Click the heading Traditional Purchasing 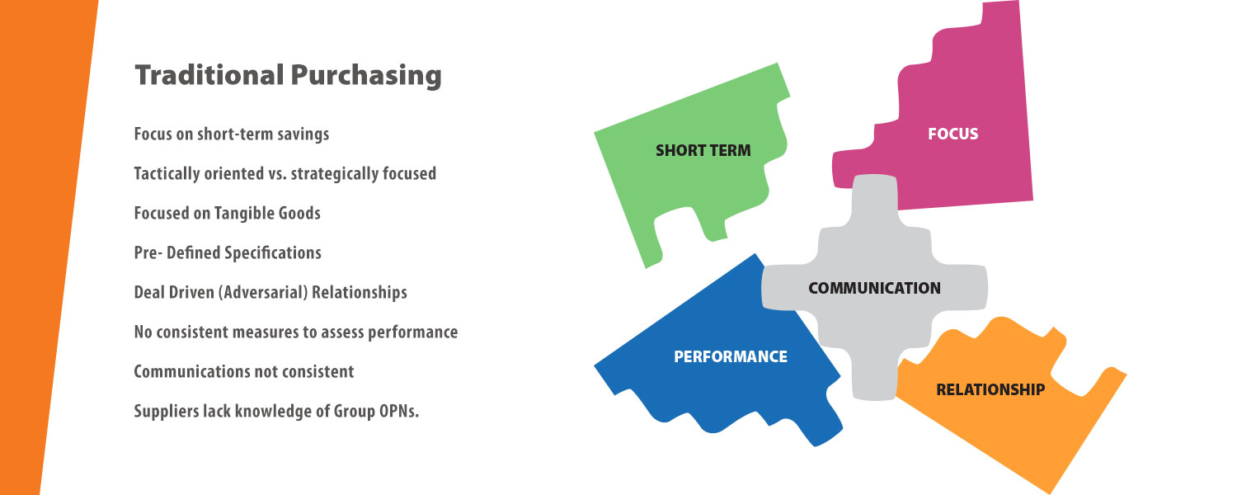tap(289, 76)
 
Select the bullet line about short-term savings tap(232, 134)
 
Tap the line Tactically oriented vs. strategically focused tap(285, 174)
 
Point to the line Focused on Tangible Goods tap(227, 213)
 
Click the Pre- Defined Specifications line tap(228, 253)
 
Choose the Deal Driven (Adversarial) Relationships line tap(270, 292)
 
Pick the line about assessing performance tap(296, 332)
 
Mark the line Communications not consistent tap(243, 371)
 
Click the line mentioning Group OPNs tap(276, 411)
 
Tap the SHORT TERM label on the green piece tap(703, 150)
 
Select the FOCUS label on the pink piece tap(952, 134)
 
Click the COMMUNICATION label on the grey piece tap(874, 288)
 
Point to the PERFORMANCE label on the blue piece tap(731, 356)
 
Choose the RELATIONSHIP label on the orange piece tap(990, 389)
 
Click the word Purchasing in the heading tap(366, 76)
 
